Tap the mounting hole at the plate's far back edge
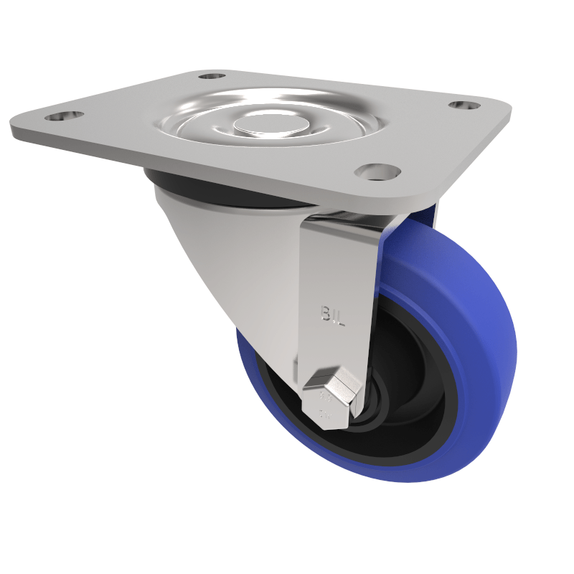[212, 75]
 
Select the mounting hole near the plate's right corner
[465, 105]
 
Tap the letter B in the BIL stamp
[324, 314]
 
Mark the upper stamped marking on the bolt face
[324, 395]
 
